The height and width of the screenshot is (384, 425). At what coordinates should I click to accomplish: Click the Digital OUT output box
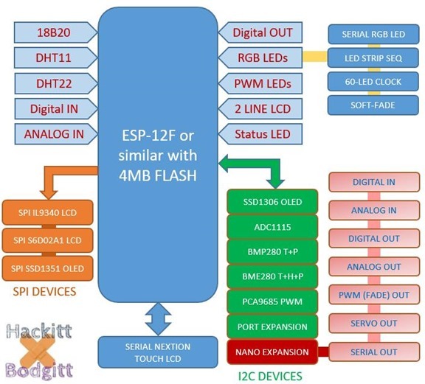262,32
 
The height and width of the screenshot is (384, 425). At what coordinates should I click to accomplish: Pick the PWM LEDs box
262,83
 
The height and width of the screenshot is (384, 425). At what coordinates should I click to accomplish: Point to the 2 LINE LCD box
262,109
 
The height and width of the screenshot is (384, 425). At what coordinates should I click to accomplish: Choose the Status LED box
262,134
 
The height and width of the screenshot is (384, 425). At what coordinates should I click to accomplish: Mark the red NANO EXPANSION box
273,352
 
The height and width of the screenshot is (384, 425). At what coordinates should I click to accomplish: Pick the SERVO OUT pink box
374,324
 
